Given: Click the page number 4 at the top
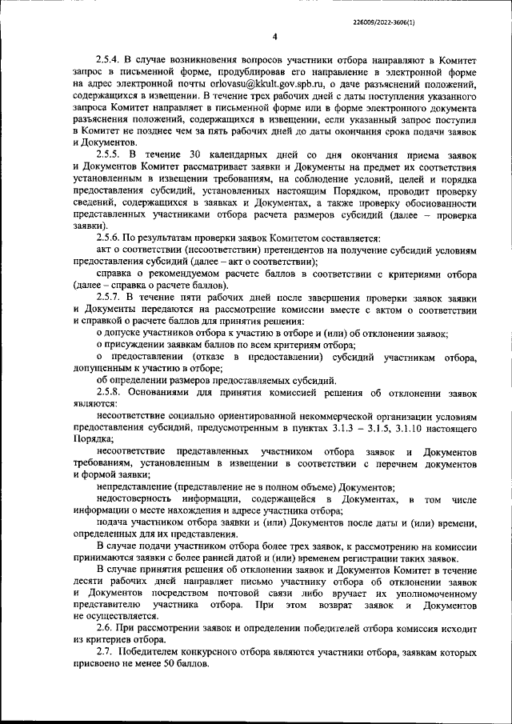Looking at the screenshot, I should point(274,37).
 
